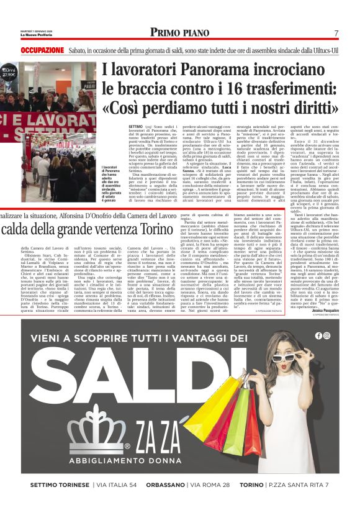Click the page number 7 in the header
[x=336, y=33]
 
